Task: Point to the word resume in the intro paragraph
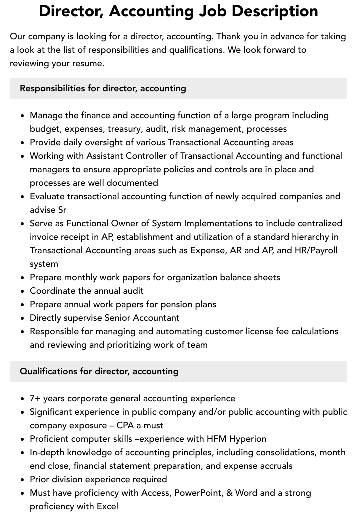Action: [89, 63]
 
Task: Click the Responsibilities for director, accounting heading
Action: [103, 88]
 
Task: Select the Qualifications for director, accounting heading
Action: [99, 371]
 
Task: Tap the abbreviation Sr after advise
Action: [61, 210]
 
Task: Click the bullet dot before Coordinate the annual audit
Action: [22, 291]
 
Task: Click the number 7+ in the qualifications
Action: [35, 398]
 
